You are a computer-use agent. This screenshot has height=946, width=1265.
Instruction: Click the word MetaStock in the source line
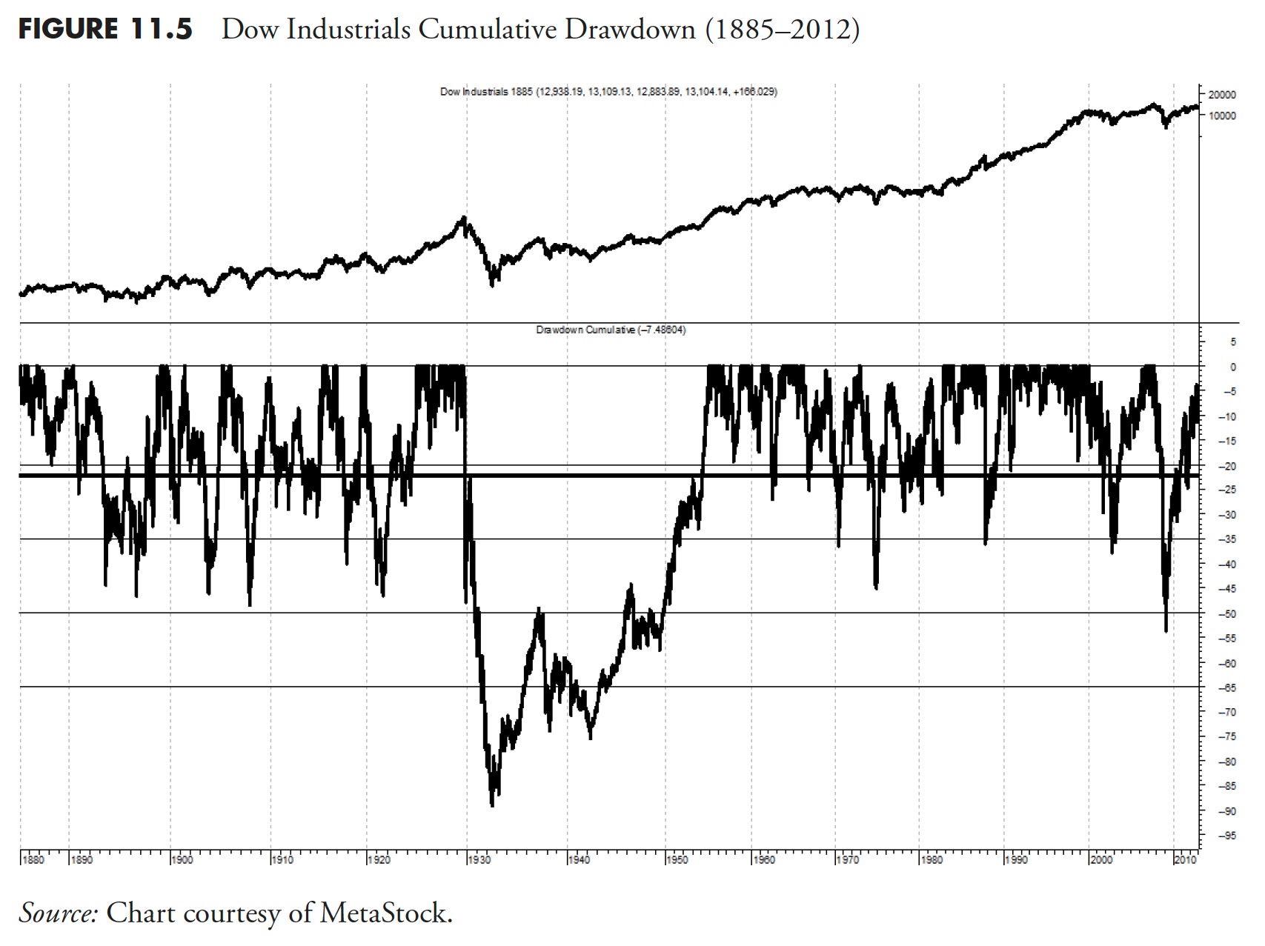385,913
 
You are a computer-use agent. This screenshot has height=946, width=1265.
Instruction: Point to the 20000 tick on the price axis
1222,95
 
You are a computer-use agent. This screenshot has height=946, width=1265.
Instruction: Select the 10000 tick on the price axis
1222,116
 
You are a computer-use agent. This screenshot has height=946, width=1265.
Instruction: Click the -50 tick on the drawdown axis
1226,614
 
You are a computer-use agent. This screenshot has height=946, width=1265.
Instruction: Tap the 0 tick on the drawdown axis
1233,367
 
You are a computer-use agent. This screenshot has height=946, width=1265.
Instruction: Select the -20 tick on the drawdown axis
1226,466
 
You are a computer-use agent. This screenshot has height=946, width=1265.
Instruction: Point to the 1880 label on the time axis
33,860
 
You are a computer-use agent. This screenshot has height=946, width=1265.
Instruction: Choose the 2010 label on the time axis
1186,860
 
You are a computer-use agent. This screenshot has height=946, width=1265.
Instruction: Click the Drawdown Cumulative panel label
611,330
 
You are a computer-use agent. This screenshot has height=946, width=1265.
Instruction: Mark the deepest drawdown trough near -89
493,805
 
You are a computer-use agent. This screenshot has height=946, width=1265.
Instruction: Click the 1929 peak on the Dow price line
464,217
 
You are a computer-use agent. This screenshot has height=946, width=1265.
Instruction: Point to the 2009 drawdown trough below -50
1166,630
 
